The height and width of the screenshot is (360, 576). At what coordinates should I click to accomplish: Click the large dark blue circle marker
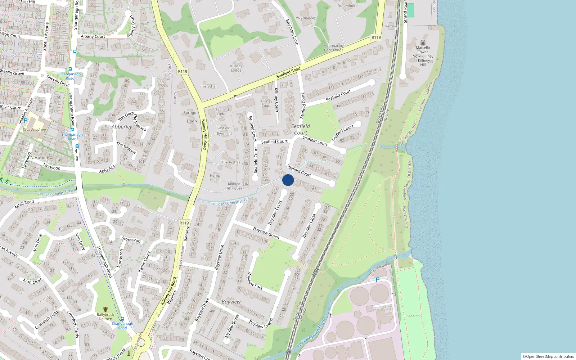coord(288,180)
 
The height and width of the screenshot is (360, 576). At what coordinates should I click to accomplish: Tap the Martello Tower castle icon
coord(423,42)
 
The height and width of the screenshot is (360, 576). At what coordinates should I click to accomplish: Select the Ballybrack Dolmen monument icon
coord(105,309)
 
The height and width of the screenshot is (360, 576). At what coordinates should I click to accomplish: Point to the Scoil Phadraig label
coord(34,130)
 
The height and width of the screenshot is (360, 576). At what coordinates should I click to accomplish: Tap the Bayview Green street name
coord(266,233)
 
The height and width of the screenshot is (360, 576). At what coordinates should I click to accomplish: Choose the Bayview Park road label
coord(255,281)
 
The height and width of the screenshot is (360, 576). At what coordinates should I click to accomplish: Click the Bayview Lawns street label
coord(261,324)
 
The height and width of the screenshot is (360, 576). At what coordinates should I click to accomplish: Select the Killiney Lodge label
coord(236,68)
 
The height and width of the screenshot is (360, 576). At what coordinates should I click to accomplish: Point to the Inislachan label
coord(209,86)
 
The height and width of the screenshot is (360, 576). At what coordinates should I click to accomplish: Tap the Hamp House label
coord(215,177)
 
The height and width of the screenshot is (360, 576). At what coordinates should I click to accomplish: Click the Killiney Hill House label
coord(234,186)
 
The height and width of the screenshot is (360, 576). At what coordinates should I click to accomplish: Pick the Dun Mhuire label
coord(347,6)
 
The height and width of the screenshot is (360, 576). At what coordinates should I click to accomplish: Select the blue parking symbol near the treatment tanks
coord(378,280)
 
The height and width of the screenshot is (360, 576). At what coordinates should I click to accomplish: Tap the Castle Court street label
coord(145,262)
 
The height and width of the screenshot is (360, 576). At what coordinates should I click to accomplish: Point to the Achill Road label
coord(24,204)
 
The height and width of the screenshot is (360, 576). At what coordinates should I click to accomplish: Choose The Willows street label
coord(126,148)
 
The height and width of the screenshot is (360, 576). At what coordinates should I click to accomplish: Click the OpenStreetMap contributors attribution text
coord(548,356)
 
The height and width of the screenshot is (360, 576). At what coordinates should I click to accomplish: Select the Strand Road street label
coord(405,12)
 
